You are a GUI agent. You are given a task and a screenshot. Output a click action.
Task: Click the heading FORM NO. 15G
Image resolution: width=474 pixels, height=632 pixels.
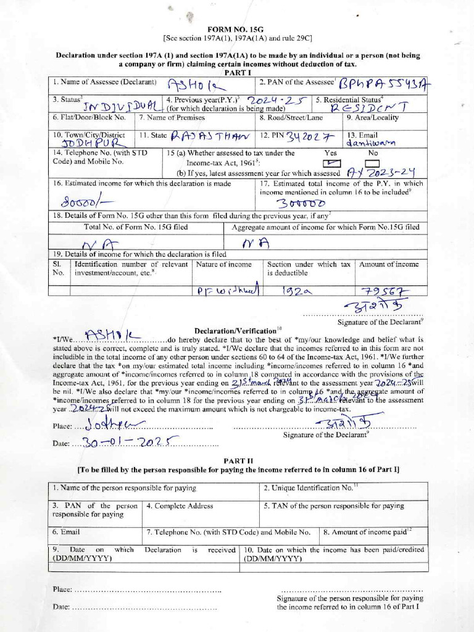pos(237,28)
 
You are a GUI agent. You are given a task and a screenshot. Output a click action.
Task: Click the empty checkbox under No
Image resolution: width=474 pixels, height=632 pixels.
pos(373,163)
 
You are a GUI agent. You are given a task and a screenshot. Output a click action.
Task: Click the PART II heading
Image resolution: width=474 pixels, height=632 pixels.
pos(237,461)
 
